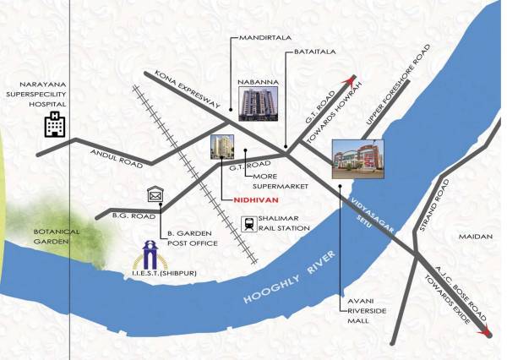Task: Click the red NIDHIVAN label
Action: coord(255,202)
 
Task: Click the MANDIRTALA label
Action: coord(259,38)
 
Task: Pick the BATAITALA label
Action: coord(315,52)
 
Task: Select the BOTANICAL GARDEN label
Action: coord(56,236)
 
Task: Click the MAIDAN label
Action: coord(470,237)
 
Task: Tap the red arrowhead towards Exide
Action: coord(486,333)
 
